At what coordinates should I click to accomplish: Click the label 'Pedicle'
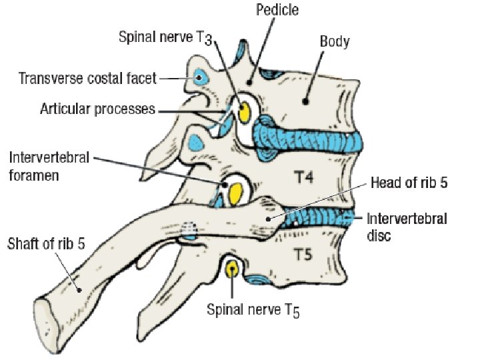point(277,11)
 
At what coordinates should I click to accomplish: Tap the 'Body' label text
point(335,41)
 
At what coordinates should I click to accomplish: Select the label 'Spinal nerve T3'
point(166,37)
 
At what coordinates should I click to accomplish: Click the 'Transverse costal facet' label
point(87,79)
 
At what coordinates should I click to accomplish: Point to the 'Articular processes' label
point(97,109)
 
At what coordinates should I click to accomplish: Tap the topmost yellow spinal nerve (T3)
point(244,111)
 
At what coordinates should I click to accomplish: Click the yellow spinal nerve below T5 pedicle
point(232,269)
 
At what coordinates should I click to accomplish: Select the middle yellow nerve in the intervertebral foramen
point(236,193)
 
